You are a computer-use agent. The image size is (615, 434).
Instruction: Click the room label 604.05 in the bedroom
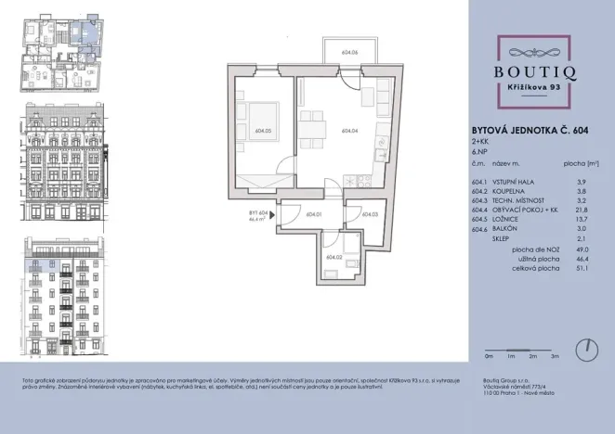tap(262, 131)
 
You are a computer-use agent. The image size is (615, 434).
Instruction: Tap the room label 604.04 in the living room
tap(350, 131)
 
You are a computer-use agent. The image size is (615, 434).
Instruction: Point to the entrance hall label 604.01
tap(312, 214)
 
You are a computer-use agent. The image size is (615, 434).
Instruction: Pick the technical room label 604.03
tap(370, 214)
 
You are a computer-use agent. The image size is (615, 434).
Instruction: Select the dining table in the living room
tap(313, 123)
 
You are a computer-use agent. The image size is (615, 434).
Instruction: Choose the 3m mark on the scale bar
tap(554, 356)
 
